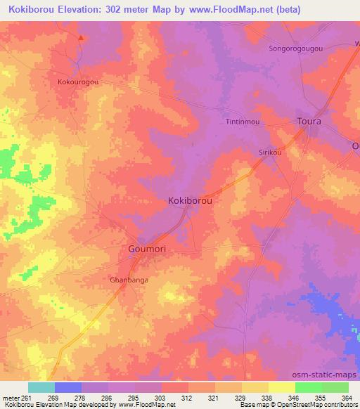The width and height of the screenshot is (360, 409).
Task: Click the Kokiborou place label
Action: click(191, 200)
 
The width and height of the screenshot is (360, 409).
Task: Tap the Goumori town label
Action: click(148, 249)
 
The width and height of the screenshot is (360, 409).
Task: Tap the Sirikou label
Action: click(271, 151)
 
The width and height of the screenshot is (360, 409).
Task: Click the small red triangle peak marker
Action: click(81, 38)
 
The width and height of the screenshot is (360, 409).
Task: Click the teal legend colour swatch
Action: click(41, 387)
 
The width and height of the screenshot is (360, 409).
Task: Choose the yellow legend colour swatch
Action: click(282, 387)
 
